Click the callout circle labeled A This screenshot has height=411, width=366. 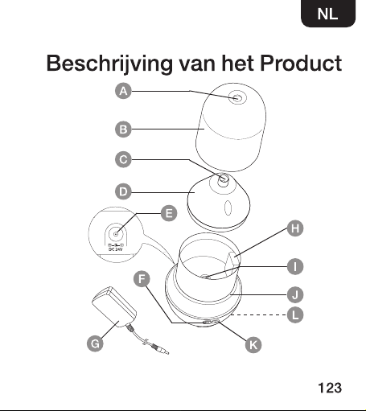[123, 91]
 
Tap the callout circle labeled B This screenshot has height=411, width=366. [123, 129]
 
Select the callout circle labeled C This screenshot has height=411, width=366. [123, 159]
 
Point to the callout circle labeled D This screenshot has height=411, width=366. [123, 191]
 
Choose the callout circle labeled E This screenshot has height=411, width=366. [169, 213]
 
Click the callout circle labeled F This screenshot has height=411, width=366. [142, 279]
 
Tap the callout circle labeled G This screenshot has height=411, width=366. [95, 343]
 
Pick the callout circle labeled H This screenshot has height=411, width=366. [295, 228]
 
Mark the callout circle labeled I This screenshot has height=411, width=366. [295, 267]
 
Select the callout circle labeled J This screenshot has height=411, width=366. [295, 295]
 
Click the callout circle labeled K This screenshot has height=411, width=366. [253, 345]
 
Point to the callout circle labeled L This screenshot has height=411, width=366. [295, 314]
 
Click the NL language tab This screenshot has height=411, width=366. [328, 14]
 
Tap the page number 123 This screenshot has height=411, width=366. [330, 388]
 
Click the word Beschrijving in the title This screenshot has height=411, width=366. [109, 64]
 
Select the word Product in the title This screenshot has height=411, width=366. [301, 64]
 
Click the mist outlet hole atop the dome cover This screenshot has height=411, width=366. [236, 98]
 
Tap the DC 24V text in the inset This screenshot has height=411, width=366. [115, 249]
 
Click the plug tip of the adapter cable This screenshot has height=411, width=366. [167, 352]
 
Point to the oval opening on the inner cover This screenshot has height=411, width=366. [228, 208]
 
